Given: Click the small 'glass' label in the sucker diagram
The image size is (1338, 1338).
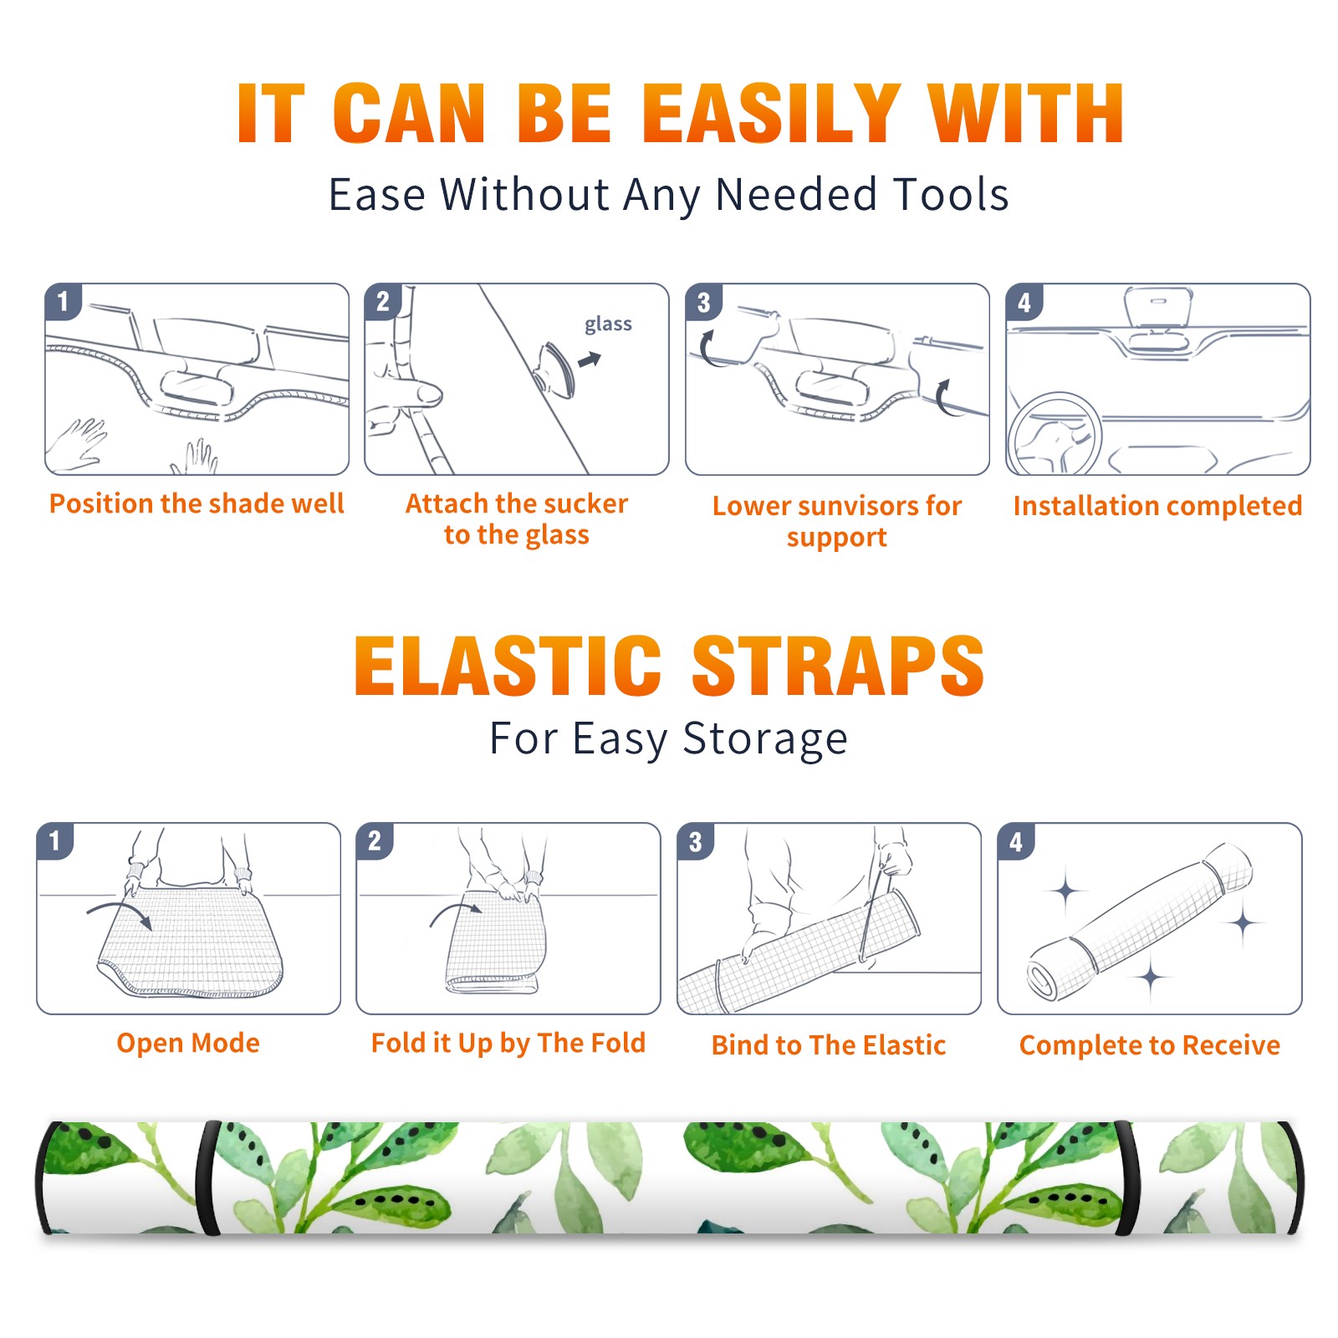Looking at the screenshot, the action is pos(608,324).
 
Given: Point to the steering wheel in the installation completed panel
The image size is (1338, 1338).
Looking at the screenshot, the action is pos(1055,434).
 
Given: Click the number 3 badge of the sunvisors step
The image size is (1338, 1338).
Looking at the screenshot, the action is pos(703,302).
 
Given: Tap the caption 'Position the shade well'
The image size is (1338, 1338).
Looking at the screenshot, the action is pos(197,503).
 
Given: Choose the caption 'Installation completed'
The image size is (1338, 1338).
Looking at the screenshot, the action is pos(1157,505).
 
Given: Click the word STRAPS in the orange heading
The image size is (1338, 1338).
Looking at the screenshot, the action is pos(838,666).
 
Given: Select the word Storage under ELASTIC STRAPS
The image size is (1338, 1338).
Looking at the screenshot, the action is pos(765,739).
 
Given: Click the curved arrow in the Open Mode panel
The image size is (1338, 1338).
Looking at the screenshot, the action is pos(120,912).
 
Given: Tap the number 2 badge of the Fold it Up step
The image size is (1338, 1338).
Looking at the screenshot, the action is pos(375,840).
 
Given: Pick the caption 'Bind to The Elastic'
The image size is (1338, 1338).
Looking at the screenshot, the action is pos(828,1044).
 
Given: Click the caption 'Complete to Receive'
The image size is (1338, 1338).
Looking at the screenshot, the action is pos(1149,1044).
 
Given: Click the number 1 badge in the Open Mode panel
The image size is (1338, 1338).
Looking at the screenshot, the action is pos(55,840).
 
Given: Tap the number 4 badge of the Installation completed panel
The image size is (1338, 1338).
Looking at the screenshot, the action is pos(1024,302).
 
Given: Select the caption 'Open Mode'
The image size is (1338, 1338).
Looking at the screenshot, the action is pos(188,1043).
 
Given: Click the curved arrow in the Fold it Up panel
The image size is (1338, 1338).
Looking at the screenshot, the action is pos(453,912).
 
